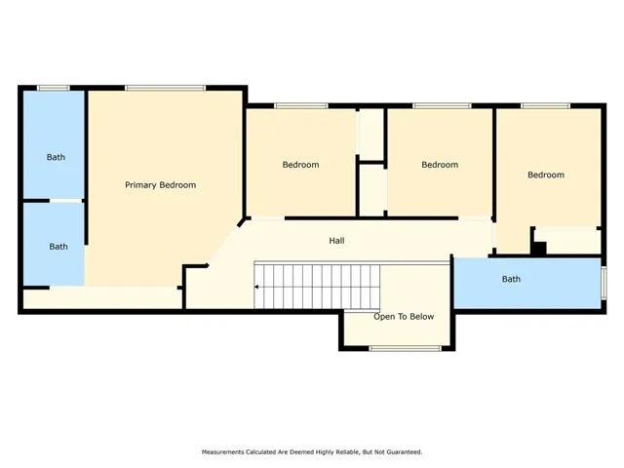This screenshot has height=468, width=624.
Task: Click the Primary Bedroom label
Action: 160,185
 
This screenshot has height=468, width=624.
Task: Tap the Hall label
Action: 336,241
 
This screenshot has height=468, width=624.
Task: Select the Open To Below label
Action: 404,316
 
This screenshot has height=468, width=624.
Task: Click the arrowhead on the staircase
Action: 256,287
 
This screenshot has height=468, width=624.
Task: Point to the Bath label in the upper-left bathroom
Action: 56,157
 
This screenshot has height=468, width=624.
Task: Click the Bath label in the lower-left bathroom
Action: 58,247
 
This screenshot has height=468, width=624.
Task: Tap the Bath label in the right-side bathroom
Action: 511,279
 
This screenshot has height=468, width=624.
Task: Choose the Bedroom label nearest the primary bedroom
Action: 301,165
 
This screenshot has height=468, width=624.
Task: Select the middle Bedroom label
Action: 440,165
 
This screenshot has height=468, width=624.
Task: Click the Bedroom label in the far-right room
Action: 546,175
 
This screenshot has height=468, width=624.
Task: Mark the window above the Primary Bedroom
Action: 165,88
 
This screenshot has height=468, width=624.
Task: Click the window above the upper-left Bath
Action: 54,88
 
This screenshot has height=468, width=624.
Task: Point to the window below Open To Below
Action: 406,349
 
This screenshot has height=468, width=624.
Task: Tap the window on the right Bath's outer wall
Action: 604,283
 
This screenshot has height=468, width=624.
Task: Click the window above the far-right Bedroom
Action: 545,106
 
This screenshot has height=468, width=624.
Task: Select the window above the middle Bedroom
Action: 442,106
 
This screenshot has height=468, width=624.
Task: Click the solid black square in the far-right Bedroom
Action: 539,249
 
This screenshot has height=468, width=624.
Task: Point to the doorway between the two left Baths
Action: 66,201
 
